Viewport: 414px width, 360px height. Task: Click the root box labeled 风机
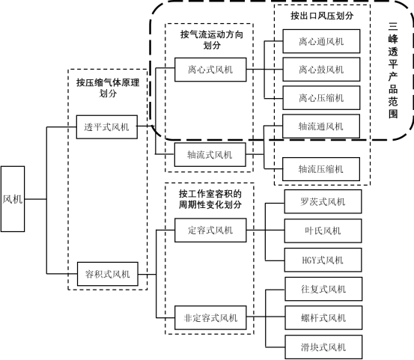[x=13, y=199]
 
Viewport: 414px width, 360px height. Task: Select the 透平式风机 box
[x=106, y=127]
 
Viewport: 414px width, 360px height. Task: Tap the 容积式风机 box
[x=106, y=273]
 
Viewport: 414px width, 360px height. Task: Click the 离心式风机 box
[x=210, y=70]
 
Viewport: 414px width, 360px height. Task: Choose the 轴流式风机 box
[x=210, y=155]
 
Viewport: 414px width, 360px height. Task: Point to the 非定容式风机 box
[x=210, y=318]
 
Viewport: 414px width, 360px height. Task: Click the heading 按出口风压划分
[x=322, y=15]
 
